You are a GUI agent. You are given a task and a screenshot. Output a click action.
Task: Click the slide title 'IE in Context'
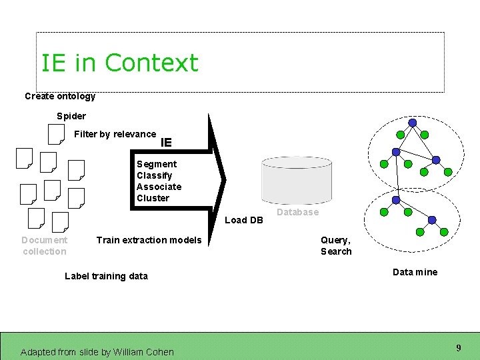pos(119,63)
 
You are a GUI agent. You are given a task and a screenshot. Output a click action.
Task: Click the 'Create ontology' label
pos(60,96)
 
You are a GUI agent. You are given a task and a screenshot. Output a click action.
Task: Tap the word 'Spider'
pos(71,116)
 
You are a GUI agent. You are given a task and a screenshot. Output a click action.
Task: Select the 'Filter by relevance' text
pos(115,134)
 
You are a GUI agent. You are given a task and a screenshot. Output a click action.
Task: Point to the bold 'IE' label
pos(167,142)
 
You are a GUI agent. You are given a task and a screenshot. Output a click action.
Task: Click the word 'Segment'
pos(157,164)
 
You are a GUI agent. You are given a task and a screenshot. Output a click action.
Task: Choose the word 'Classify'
pos(155,175)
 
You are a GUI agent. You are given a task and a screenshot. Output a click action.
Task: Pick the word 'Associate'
pos(159,187)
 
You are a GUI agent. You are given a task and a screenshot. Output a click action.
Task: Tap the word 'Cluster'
pos(153,198)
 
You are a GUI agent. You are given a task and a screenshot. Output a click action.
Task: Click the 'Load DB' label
pos(244,220)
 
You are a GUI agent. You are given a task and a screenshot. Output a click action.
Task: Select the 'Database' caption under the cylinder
pos(297,212)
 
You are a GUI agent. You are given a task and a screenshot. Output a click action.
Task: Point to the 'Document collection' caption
pos(44,245)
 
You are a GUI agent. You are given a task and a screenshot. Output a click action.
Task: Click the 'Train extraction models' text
pos(149,240)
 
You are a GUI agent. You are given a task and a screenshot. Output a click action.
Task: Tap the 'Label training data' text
pos(106,276)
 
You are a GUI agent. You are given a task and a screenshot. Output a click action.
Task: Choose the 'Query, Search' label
pos(336,245)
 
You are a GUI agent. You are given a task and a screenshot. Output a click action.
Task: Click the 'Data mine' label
pos(415,272)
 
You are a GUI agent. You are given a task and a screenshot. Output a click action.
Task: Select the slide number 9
pos(459,348)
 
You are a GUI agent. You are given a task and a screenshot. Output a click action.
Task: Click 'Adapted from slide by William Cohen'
pos(97,352)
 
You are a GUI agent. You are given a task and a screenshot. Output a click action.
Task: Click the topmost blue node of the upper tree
pos(413,123)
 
